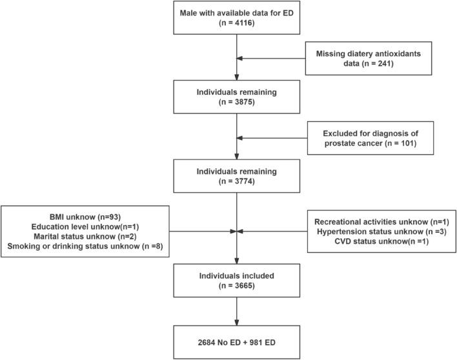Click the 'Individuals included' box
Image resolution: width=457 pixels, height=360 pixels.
(238, 276)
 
